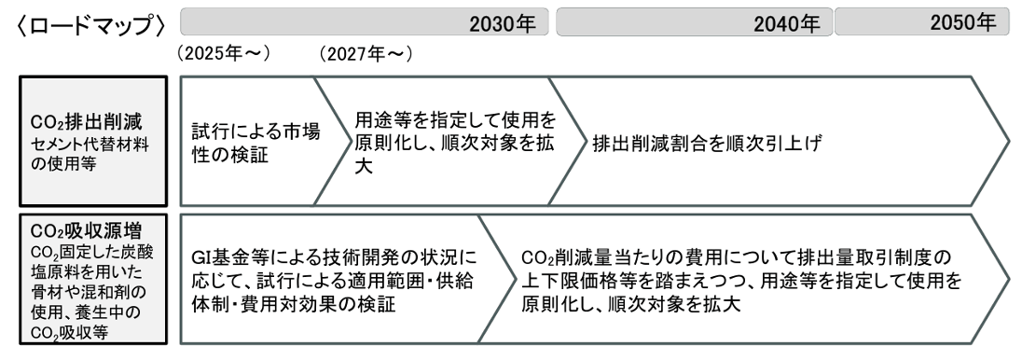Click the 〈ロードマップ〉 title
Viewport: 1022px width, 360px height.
90,25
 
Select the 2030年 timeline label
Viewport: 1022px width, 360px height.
502,24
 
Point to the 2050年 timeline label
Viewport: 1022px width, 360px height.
963,22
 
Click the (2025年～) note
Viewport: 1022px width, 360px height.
223,53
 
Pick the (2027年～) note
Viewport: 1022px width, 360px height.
366,54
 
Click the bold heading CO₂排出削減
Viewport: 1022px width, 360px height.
87,122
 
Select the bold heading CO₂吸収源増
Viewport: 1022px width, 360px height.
87,231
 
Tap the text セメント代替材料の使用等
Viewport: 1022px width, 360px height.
90,154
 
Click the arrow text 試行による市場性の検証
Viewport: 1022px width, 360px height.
256,144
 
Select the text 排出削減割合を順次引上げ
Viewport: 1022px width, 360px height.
706,144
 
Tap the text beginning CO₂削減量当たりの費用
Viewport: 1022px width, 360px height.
741,281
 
